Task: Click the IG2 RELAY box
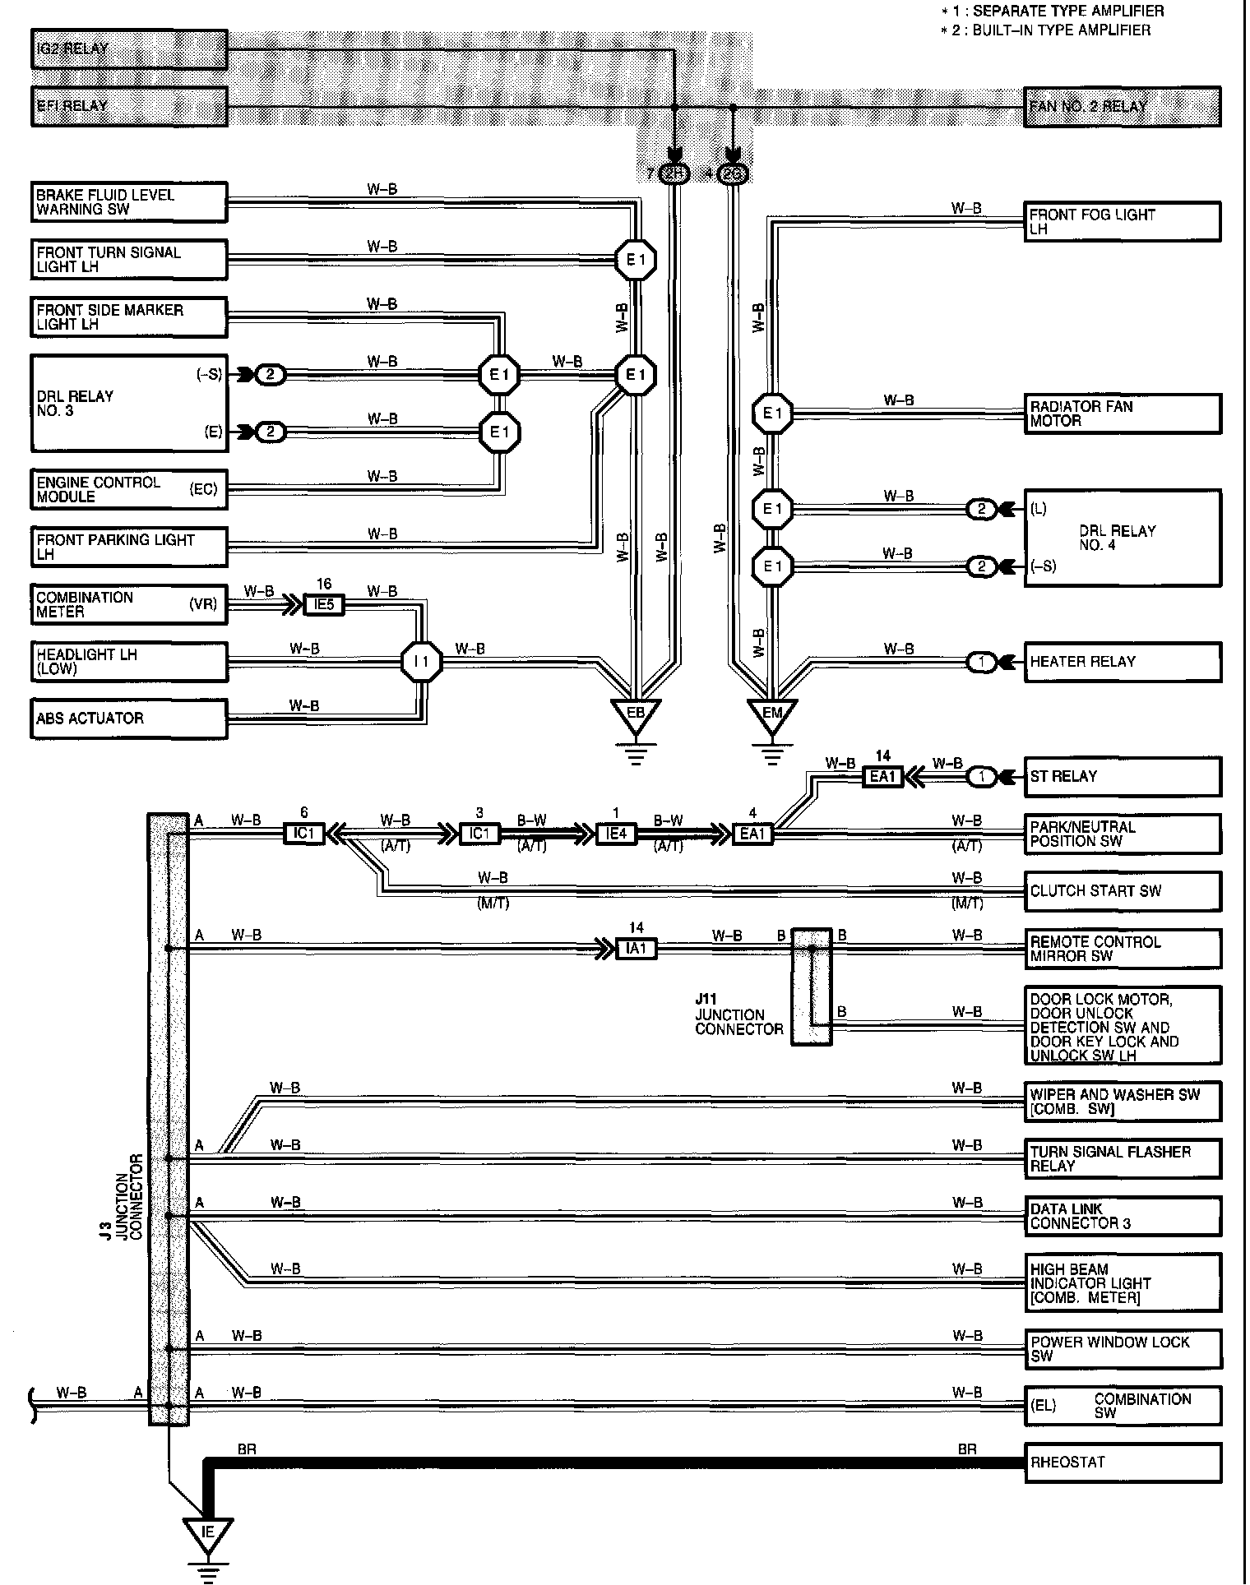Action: coord(129,49)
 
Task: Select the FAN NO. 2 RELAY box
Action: coord(1122,107)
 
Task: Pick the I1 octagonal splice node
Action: coord(421,662)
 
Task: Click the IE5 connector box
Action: coord(324,605)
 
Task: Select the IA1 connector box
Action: coord(637,949)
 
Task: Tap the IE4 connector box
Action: coord(616,834)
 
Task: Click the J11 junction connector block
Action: coord(811,987)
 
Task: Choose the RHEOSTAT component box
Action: coord(1122,1463)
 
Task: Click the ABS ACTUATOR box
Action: coord(129,719)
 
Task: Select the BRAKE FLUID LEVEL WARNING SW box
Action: coord(129,202)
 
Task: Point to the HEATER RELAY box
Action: coord(1122,662)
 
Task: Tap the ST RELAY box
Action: coord(1122,777)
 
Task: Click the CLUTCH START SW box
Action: coord(1122,891)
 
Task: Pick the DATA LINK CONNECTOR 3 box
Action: coord(1122,1217)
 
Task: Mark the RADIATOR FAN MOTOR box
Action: coord(1122,414)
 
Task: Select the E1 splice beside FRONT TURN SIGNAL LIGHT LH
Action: coord(636,261)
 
